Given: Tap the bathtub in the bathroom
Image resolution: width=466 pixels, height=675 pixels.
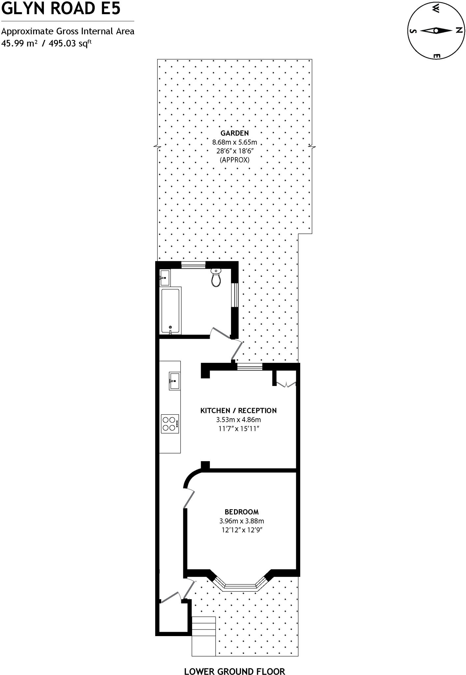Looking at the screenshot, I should click(x=170, y=310).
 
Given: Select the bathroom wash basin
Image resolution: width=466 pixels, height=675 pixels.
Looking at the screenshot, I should click(x=165, y=278).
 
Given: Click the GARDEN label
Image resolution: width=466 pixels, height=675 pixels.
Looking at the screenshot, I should click(x=235, y=133).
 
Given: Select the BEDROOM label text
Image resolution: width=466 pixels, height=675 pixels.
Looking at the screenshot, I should click(x=242, y=512).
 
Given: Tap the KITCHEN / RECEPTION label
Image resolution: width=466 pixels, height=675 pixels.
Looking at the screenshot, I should click(x=238, y=410).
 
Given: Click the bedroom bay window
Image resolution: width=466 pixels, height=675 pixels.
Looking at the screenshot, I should click(x=240, y=586).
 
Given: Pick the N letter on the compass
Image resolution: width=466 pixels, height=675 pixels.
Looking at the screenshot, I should click(x=459, y=31).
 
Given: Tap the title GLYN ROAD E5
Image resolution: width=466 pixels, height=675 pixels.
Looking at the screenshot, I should click(x=61, y=9).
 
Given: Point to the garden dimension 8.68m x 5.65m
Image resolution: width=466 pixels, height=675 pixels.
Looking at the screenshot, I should click(x=235, y=142).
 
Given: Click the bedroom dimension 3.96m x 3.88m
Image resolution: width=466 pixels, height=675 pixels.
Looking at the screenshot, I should click(x=242, y=521).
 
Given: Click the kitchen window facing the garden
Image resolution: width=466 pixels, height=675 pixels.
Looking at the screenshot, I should click(x=249, y=367).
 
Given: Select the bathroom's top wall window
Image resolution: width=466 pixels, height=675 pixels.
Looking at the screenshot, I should click(x=193, y=264).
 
